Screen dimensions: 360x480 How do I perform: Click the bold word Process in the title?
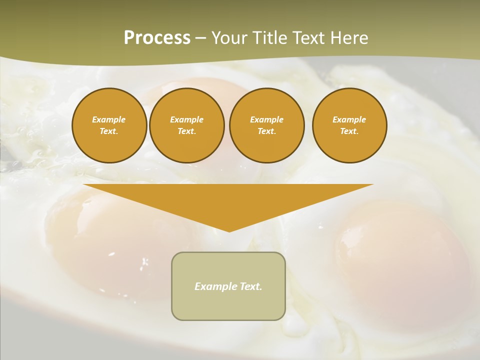click(x=157, y=38)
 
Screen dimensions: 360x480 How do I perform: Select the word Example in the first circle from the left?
click(x=109, y=119)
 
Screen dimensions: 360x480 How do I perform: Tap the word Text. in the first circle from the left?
click(x=109, y=131)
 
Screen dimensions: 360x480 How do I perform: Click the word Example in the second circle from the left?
click(x=186, y=119)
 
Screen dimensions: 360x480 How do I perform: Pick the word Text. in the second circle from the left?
click(x=186, y=131)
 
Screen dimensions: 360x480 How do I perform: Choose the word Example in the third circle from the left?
click(x=266, y=119)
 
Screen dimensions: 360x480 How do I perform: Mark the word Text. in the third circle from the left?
click(x=266, y=131)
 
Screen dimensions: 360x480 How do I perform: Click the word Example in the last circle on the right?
click(x=349, y=119)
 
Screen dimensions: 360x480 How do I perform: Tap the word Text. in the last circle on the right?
click(x=349, y=131)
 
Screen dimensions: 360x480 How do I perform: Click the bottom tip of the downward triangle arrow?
click(x=229, y=230)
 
